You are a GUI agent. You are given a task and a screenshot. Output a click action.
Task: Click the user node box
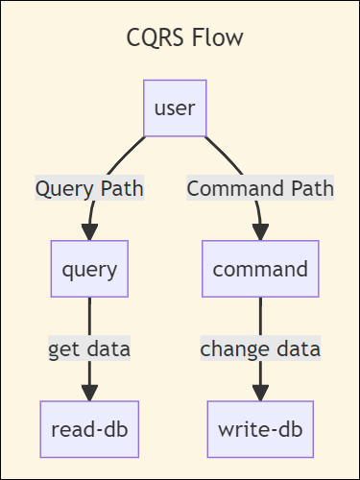[x=175, y=108]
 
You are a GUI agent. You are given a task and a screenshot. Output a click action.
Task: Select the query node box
[x=89, y=268]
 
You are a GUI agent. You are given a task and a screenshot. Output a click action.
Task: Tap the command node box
[x=260, y=268]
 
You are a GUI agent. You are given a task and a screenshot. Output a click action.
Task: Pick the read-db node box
[x=89, y=429]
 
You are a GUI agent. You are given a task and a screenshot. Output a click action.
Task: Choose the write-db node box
[x=260, y=429]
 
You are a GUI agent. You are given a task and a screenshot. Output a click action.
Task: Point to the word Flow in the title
[x=218, y=38]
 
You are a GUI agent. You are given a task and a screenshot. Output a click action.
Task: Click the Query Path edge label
[x=89, y=188]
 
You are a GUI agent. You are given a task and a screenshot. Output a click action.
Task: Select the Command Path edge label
[x=260, y=188]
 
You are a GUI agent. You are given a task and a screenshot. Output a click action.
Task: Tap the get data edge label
[x=89, y=348]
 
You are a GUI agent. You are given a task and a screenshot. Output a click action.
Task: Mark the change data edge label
[x=260, y=348]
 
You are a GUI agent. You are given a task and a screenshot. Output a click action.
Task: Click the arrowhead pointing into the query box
[x=89, y=232]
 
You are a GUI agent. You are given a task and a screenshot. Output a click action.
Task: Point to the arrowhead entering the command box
[x=260, y=232]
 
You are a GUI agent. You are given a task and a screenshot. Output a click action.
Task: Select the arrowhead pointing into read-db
[x=89, y=393]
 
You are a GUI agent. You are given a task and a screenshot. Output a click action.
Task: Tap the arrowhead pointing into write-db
[x=260, y=393]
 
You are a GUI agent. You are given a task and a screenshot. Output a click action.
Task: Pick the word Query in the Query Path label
[x=62, y=188]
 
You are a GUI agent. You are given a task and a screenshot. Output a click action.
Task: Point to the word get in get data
[x=65, y=348]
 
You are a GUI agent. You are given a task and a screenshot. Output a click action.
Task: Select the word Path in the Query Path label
[x=121, y=188]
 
